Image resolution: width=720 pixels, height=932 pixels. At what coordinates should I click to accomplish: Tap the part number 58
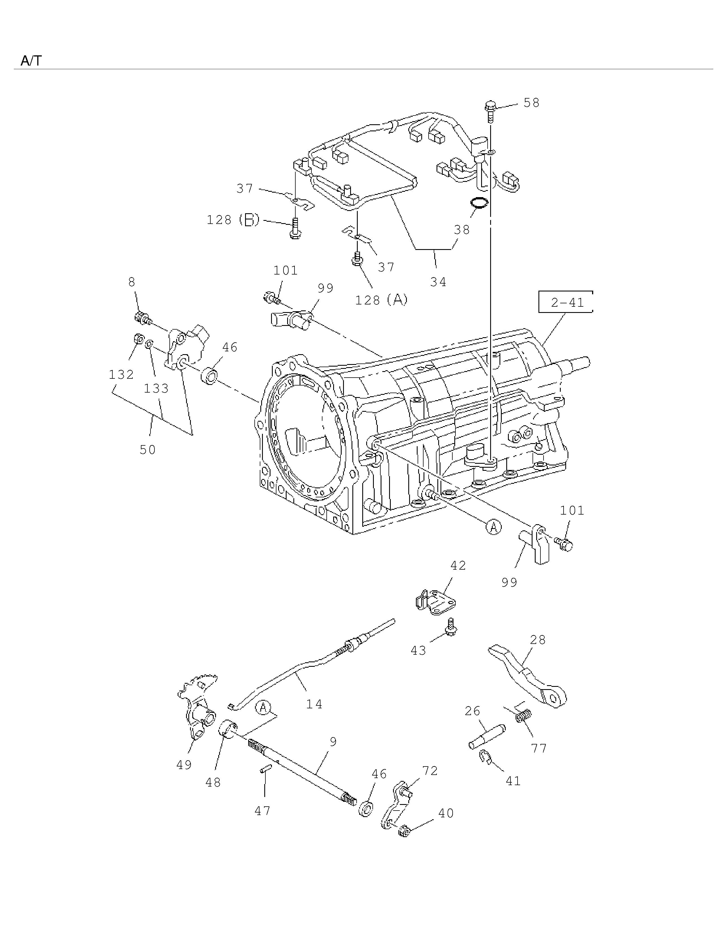531,103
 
